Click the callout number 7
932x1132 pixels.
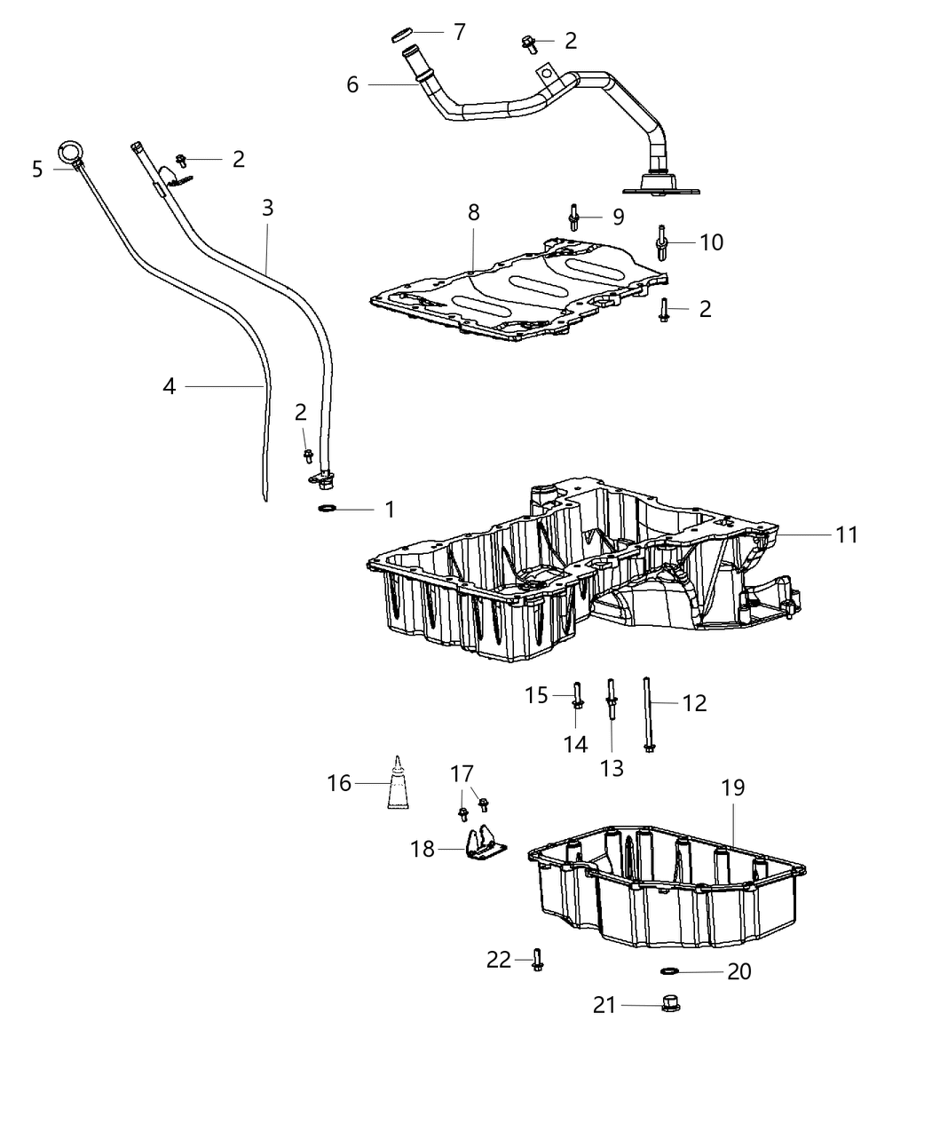(x=459, y=32)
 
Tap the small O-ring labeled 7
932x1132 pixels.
(x=402, y=36)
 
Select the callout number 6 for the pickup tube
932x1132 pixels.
(x=352, y=85)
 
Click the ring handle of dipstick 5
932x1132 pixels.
(x=69, y=151)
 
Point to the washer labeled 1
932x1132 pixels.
(x=327, y=509)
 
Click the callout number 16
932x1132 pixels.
(x=339, y=783)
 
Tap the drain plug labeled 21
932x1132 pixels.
(x=672, y=1005)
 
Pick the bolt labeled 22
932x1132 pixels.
(x=537, y=959)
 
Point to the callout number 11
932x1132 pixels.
(x=847, y=534)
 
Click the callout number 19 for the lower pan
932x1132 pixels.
(x=732, y=788)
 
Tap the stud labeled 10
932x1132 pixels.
(x=662, y=242)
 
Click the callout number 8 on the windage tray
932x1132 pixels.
(x=473, y=213)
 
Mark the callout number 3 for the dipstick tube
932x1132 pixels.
(x=267, y=209)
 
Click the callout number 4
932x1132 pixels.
(x=170, y=386)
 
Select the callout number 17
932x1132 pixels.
(x=462, y=774)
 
